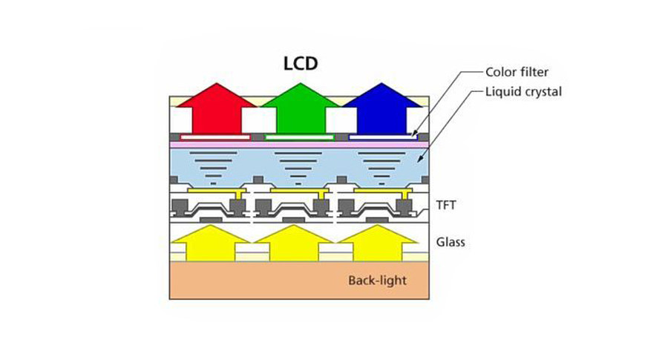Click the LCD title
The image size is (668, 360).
coord(301,64)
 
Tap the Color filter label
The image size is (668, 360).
coord(517,72)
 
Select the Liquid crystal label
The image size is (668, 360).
coord(523,91)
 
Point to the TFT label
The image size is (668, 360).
coord(446,205)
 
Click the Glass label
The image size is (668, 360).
coord(451,242)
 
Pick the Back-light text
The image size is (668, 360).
coord(377,281)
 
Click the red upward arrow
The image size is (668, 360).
coord(217,108)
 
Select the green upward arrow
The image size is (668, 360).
coord(301,108)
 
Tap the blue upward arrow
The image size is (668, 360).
coord(382,108)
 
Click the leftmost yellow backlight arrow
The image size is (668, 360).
coord(211,243)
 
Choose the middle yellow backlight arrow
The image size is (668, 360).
coord(293,243)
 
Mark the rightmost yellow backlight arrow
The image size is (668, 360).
coord(378,243)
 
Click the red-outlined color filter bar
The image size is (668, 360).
coord(215,137)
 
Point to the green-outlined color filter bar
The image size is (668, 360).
coord(300,137)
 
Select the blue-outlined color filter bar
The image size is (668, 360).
coord(383,137)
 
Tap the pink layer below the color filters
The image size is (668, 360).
coord(299,145)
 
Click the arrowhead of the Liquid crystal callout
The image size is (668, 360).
coord(419,160)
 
